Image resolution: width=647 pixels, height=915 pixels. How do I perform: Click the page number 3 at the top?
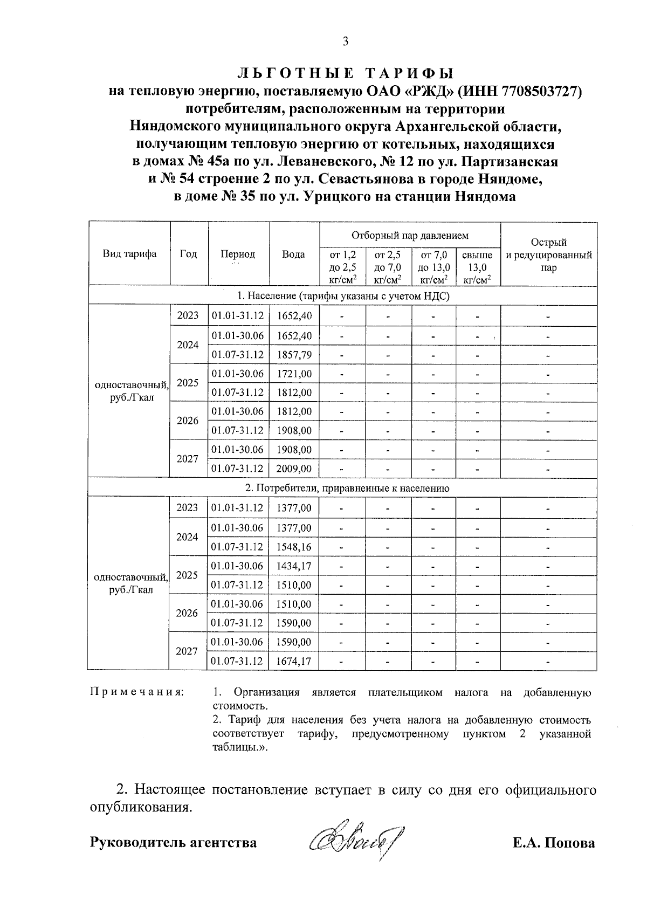345,42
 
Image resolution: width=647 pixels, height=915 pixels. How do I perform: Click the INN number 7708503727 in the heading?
540,92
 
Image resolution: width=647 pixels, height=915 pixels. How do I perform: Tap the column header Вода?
293,254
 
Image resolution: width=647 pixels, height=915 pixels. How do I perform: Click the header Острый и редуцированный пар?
548,254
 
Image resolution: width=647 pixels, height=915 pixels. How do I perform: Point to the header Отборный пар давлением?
410,235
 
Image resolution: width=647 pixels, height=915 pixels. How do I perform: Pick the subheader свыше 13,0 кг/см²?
477,267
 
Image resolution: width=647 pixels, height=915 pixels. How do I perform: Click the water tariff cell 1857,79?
294,355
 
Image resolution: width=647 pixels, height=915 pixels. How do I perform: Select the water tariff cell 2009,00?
294,469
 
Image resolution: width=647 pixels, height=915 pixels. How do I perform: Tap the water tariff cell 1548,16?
294,547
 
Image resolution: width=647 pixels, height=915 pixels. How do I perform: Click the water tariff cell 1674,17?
294,661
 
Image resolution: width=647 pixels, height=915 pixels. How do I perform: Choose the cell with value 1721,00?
294,374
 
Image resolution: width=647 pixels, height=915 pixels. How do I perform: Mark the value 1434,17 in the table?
294,566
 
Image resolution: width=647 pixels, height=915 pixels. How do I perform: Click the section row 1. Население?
343,296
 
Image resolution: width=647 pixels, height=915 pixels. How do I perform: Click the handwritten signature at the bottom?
356,841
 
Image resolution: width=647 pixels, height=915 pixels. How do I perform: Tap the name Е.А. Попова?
554,842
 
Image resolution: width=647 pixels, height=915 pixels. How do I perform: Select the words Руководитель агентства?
173,842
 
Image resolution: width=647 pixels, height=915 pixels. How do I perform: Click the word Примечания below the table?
136,692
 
